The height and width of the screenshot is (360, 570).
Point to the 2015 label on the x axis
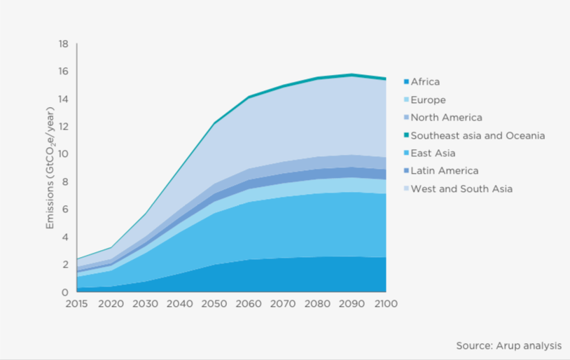(77, 304)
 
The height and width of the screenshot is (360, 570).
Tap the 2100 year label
(387, 304)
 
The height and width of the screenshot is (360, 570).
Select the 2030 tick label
(146, 304)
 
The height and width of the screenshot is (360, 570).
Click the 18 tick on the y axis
(63, 44)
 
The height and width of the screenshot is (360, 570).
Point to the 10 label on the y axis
(63, 154)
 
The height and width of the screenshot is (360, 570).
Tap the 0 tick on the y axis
(66, 291)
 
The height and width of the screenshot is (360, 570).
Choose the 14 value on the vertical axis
(63, 99)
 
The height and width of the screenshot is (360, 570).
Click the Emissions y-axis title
(50, 168)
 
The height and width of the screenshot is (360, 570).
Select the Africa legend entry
(425, 82)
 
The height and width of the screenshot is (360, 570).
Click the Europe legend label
(428, 100)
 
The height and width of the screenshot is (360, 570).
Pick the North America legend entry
(446, 118)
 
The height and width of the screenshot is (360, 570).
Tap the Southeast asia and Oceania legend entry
(478, 135)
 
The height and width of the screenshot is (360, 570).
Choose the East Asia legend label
(434, 153)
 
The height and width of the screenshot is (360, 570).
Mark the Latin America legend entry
(444, 171)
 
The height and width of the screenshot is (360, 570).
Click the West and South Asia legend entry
(461, 188)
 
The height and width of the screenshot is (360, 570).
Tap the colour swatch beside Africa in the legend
(405, 82)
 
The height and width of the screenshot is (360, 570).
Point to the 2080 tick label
(318, 304)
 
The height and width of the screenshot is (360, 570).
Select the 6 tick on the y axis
(66, 209)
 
